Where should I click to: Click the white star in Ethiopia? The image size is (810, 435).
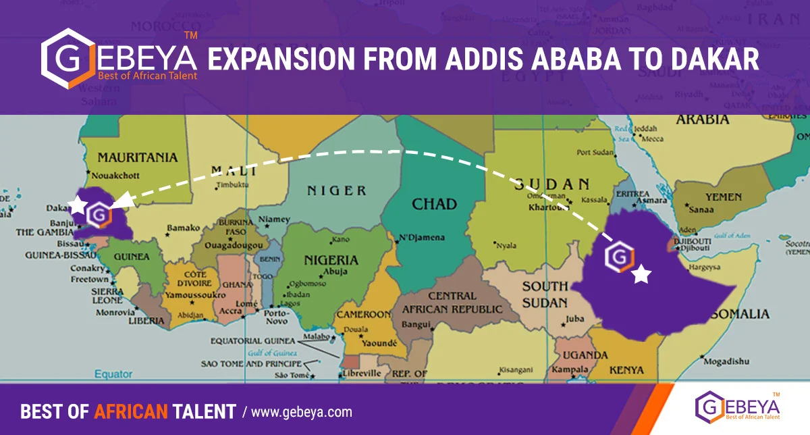(x=641, y=274)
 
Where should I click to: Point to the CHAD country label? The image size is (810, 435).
(x=434, y=203)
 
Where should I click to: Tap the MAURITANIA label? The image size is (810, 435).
(x=138, y=157)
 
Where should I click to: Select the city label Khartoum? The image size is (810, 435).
(x=549, y=207)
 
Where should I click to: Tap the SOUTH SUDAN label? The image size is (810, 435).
(x=545, y=295)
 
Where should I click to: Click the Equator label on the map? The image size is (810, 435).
(x=113, y=374)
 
